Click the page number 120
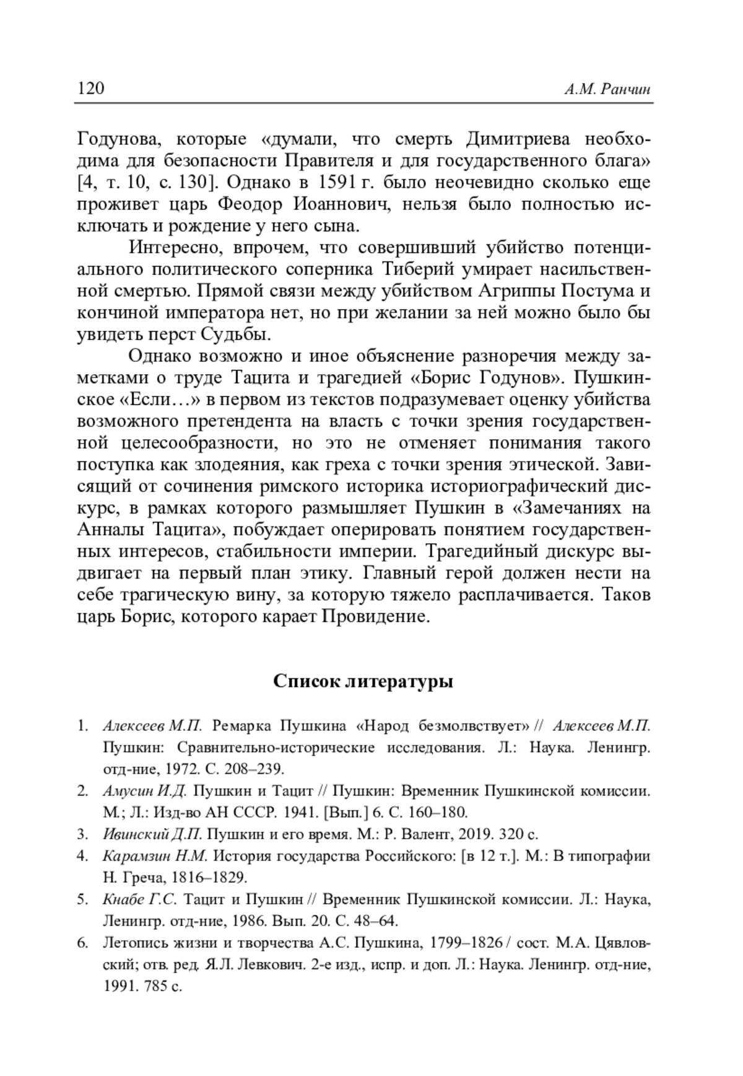(x=90, y=89)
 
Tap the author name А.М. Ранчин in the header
(x=607, y=90)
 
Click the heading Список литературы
(x=363, y=681)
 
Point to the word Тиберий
(x=419, y=269)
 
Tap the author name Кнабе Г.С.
(x=140, y=899)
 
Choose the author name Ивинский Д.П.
(x=149, y=834)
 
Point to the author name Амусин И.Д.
(x=145, y=790)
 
